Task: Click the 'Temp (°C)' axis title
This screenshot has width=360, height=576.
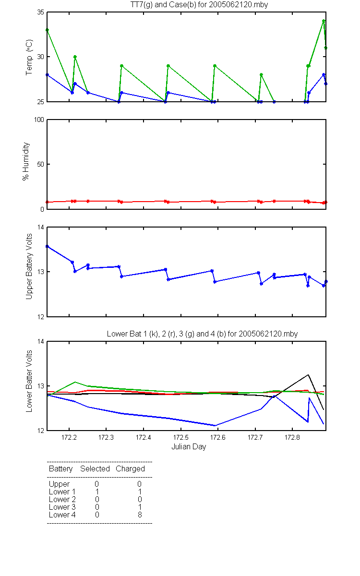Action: pyautogui.click(x=29, y=57)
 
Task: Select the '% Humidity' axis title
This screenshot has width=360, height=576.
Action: pyautogui.click(x=26, y=161)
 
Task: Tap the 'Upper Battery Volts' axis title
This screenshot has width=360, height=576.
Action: pyautogui.click(x=29, y=266)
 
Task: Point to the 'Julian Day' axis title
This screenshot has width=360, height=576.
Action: pyautogui.click(x=189, y=447)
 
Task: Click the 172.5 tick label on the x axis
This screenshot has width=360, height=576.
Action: pyautogui.click(x=181, y=437)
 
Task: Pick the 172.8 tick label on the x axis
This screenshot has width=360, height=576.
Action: pyautogui.click(x=292, y=437)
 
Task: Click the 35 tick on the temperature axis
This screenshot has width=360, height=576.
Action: pyautogui.click(x=40, y=12)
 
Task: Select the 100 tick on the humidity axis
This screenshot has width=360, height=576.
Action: pyautogui.click(x=39, y=120)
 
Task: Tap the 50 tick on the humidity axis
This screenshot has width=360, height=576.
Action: pyautogui.click(x=40, y=164)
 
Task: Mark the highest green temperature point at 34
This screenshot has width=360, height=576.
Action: pyautogui.click(x=324, y=21)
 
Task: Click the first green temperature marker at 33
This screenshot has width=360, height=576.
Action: pyautogui.click(x=47, y=30)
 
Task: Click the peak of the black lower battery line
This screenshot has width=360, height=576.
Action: pyautogui.click(x=308, y=375)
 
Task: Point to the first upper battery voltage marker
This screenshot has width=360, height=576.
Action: pyautogui.click(x=47, y=246)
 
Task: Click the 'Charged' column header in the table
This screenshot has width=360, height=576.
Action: pyautogui.click(x=130, y=469)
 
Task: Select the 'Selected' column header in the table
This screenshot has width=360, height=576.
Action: pyautogui.click(x=95, y=468)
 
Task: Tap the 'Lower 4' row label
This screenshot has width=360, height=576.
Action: pyautogui.click(x=62, y=515)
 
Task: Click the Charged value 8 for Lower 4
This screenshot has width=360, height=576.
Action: pyautogui.click(x=140, y=515)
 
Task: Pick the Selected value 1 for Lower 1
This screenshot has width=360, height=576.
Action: pyautogui.click(x=97, y=492)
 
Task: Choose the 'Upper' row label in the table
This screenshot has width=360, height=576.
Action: pyautogui.click(x=59, y=484)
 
